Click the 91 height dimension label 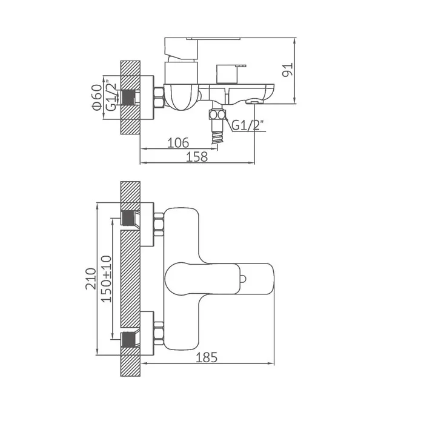point(288,70)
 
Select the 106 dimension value point(178,143)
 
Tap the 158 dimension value point(197,157)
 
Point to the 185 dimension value point(207,357)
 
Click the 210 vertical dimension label point(91,279)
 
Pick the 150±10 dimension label point(106,279)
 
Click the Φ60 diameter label point(97,98)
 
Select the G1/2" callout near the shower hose point(248,125)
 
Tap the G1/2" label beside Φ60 point(111,95)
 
